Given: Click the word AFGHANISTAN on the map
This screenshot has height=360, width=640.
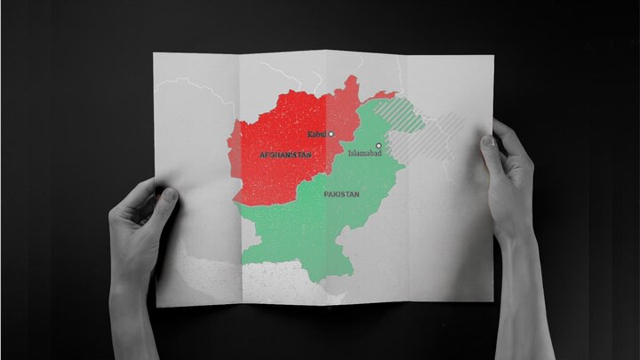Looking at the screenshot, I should pyautogui.click(x=285, y=156).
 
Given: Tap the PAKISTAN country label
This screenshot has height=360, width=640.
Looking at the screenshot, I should pyautogui.click(x=341, y=193).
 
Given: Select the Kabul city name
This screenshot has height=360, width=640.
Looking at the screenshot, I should pyautogui.click(x=316, y=134).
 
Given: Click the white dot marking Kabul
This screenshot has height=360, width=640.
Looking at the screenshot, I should pyautogui.click(x=332, y=134).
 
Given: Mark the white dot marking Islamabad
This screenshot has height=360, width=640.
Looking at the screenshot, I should pyautogui.click(x=379, y=145).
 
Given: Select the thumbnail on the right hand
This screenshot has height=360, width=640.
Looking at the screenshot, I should pyautogui.click(x=488, y=140).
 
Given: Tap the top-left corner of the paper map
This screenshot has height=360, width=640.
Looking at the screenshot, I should pyautogui.click(x=156, y=54).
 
